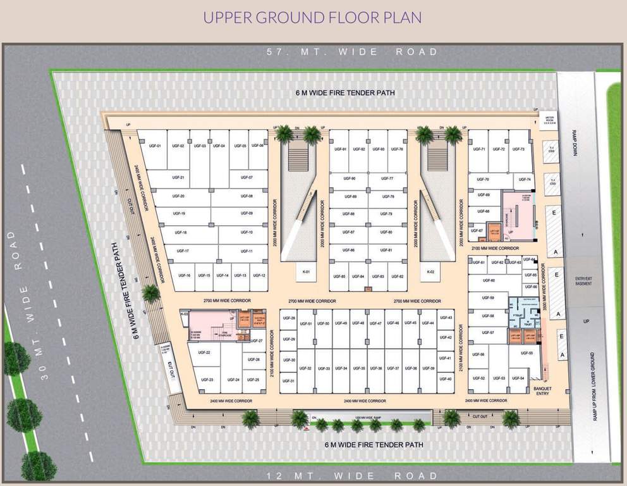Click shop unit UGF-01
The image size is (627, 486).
click(155, 146)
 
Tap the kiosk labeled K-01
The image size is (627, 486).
click(306, 272)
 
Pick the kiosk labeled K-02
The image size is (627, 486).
click(431, 272)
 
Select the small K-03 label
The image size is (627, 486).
click(185, 314)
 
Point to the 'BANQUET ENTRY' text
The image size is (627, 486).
click(542, 391)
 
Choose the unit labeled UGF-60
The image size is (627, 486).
click(488, 280)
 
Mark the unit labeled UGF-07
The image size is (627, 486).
click(247, 178)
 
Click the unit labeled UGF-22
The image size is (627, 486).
click(204, 352)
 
